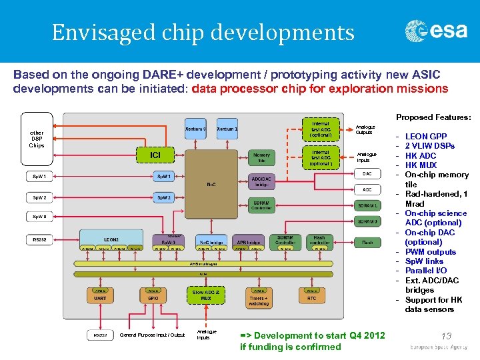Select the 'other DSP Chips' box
point(37,139)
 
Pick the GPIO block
point(153,297)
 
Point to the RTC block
point(311,297)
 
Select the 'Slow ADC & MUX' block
point(206,295)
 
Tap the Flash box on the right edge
point(367,242)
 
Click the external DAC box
point(367,173)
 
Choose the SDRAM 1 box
point(367,205)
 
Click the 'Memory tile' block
point(261,157)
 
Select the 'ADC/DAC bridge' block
point(261,182)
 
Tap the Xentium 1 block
point(227,128)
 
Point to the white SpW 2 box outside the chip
point(39,198)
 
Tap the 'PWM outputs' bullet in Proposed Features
point(430,251)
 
